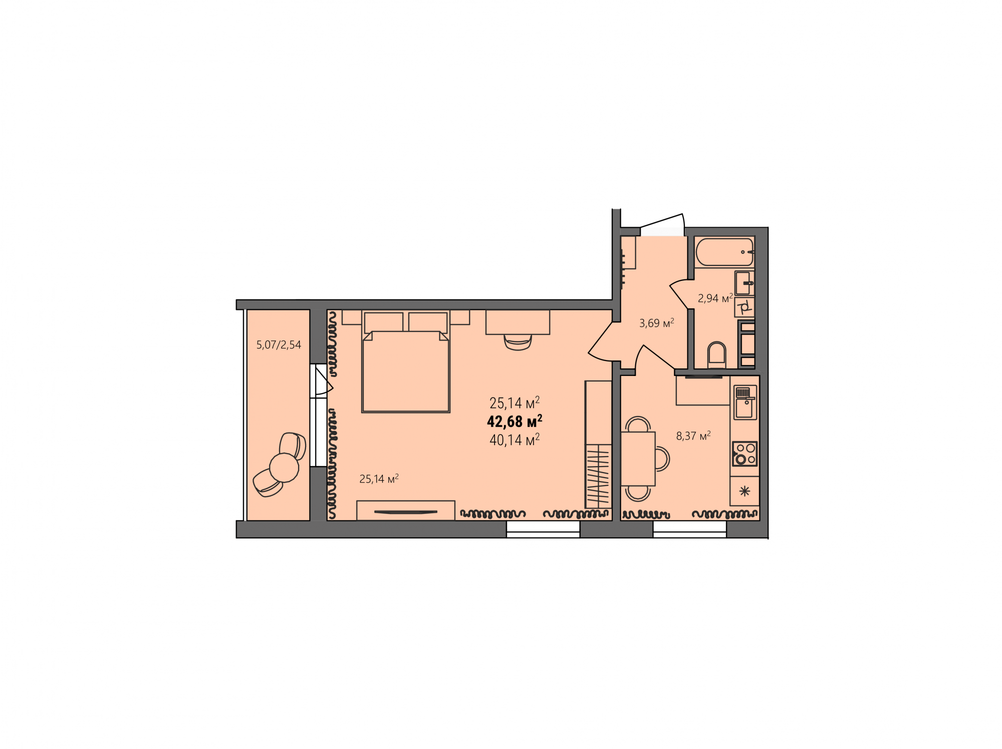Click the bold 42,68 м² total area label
click(515, 422)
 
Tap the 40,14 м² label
click(515, 440)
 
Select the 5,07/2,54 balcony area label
click(279, 344)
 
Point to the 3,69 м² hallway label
click(656, 323)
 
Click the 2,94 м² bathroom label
click(715, 298)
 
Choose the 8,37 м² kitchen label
click(693, 436)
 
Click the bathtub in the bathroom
click(724, 252)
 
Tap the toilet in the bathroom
click(717, 355)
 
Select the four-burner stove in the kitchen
click(744, 454)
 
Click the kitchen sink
click(745, 402)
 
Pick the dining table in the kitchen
click(638, 459)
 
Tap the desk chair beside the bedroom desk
click(518, 342)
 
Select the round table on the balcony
click(284, 468)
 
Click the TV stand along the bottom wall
click(406, 511)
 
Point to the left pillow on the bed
click(384, 322)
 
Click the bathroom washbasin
click(744, 283)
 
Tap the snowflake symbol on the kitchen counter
click(744, 491)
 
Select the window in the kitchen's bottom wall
click(690, 530)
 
